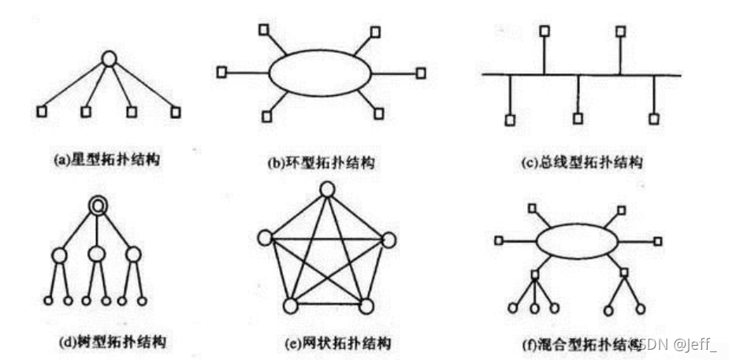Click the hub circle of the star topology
[x=110, y=58]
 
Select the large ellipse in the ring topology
[x=319, y=73]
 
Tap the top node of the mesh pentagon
[x=328, y=189]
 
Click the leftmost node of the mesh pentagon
[x=265, y=238]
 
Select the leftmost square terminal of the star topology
[x=42, y=111]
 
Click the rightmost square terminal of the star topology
[x=175, y=111]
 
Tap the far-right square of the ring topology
[x=421, y=72]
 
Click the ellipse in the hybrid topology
[x=578, y=240]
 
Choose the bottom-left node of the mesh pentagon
[x=290, y=306]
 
